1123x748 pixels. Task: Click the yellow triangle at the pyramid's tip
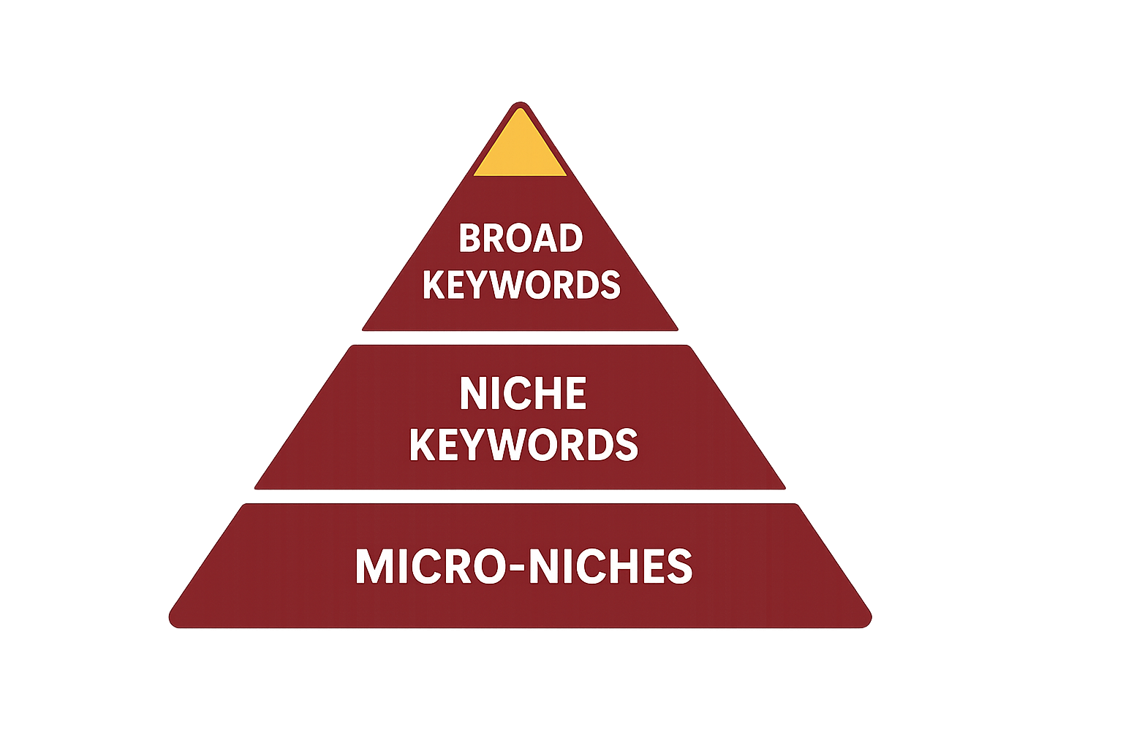pos(520,149)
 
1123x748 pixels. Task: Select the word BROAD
pos(521,239)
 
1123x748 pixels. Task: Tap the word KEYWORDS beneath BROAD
pos(521,285)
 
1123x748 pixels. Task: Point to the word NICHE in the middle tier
pos(523,394)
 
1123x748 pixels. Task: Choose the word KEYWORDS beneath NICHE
pos(523,445)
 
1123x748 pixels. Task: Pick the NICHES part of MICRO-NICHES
pos(610,567)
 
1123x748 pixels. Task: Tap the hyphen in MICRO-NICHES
pos(515,569)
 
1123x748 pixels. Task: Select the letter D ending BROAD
pos(570,239)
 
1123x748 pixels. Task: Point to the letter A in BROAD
pos(545,239)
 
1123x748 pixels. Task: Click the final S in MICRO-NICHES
pos(681,567)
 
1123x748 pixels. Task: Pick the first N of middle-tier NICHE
pos(472,394)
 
